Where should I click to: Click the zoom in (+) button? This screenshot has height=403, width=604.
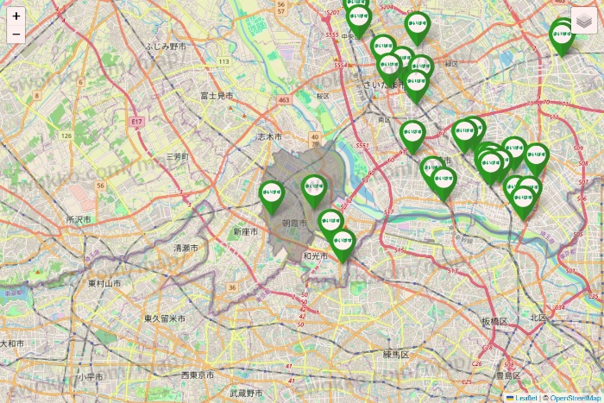click(16, 16)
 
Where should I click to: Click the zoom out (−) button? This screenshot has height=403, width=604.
click(16, 35)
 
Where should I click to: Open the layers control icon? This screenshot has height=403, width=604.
click(584, 21)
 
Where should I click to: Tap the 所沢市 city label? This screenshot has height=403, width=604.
click(79, 220)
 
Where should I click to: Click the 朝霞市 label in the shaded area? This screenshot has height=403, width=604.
click(294, 223)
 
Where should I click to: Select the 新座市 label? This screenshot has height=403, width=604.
click(246, 232)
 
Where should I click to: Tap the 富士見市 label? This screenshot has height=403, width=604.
click(216, 96)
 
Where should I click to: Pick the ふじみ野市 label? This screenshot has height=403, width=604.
click(167, 45)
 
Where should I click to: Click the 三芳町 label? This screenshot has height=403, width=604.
click(177, 157)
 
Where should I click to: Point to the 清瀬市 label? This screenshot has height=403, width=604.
click(186, 248)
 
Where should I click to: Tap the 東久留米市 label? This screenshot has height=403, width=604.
click(164, 318)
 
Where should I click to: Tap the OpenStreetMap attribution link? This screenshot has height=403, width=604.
click(576, 398)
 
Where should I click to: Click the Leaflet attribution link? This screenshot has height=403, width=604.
click(525, 398)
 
